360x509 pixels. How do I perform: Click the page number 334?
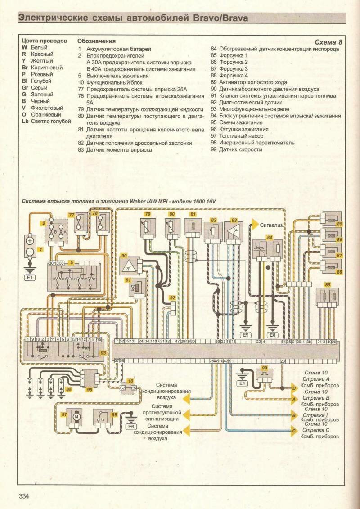tap(24, 496)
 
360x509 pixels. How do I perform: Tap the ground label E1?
tap(30, 278)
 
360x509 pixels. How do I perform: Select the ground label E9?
tap(245, 335)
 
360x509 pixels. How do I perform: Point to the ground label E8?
tap(272, 335)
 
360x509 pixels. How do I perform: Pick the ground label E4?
tap(243, 383)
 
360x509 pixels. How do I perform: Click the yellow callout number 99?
tap(264, 368)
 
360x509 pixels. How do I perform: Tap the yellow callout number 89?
tap(327, 284)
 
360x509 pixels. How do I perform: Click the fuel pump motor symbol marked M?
tap(76, 417)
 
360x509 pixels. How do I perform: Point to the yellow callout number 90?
tap(124, 255)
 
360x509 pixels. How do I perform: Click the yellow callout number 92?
tap(172, 298)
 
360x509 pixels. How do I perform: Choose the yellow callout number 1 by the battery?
tap(40, 249)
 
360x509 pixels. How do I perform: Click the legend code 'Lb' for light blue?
tap(25, 122)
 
